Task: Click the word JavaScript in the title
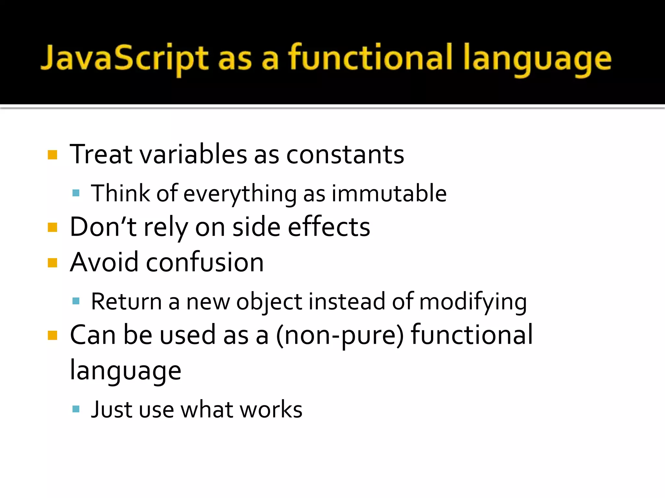click(x=124, y=58)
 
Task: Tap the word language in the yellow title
click(x=537, y=60)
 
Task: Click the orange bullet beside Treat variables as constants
click(x=52, y=155)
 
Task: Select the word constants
click(x=345, y=155)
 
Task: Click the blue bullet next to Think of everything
click(x=76, y=194)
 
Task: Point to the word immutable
click(x=389, y=194)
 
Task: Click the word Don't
click(x=103, y=227)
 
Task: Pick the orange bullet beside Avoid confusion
click(x=52, y=263)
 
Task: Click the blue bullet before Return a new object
click(x=76, y=302)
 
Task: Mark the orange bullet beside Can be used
click(x=52, y=335)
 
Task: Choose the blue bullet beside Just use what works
click(x=76, y=409)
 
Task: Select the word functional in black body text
click(x=471, y=335)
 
